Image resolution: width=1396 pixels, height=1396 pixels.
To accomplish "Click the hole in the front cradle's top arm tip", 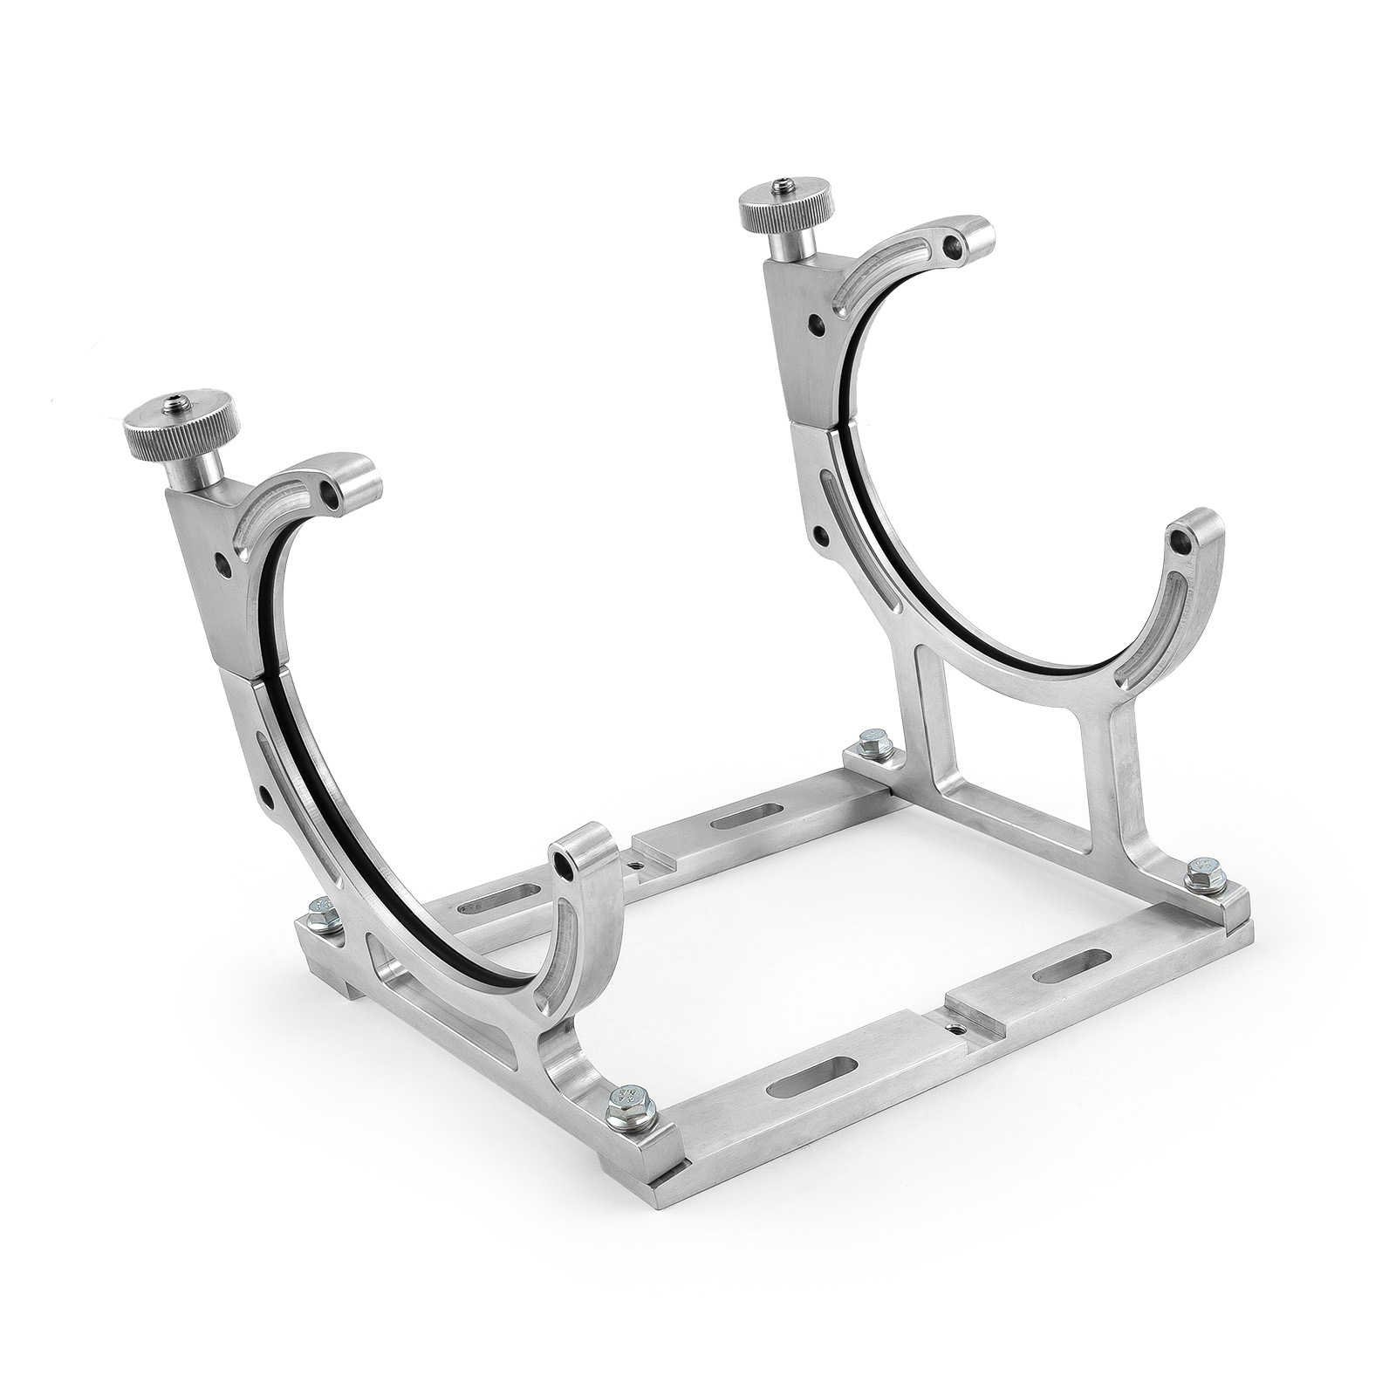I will (x=329, y=496).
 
